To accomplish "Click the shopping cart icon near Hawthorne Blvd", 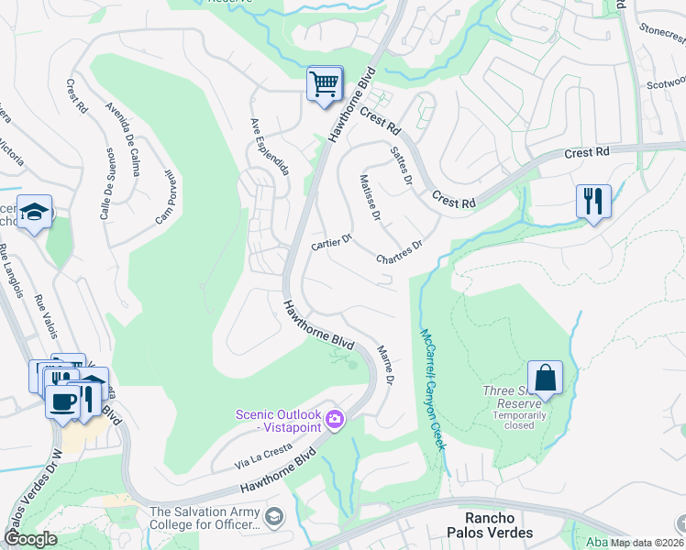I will [324, 84].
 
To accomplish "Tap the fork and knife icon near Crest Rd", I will [592, 199].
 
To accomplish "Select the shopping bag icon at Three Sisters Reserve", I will [545, 377].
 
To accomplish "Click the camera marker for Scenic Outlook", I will [336, 420].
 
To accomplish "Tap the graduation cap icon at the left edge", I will [34, 213].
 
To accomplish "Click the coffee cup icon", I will [62, 401].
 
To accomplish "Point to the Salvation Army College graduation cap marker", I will [273, 518].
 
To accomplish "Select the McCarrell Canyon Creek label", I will [432, 390].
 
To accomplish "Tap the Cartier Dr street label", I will [332, 242].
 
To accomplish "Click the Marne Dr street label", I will [386, 364].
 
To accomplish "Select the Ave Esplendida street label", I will [270, 146].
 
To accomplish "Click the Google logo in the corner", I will [30, 539].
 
